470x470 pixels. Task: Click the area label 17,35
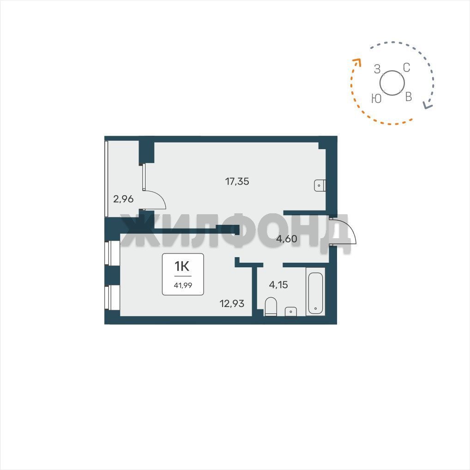pos(237,181)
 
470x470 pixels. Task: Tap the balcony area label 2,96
pos(123,199)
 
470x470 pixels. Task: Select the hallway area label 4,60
pos(287,239)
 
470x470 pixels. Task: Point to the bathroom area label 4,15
pos(278,285)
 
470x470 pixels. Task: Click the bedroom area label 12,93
pos(232,304)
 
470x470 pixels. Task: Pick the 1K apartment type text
pos(182,265)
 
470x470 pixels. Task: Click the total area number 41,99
pos(183,285)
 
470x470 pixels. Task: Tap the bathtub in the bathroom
pos(316,293)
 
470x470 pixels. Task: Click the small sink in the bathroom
pos(291,312)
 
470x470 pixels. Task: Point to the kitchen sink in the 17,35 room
pos(320,186)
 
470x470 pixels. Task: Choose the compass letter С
pos(406,68)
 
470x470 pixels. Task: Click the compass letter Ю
pos(376,98)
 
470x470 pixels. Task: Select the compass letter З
pos(377,69)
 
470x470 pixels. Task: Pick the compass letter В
pos(409,96)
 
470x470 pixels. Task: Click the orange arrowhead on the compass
pos(357,62)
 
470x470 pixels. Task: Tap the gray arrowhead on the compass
pos(428,105)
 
